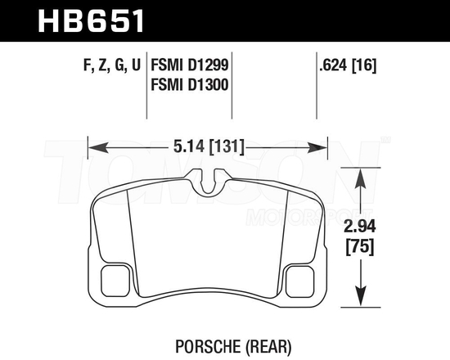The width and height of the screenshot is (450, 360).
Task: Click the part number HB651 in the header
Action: click(x=91, y=18)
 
